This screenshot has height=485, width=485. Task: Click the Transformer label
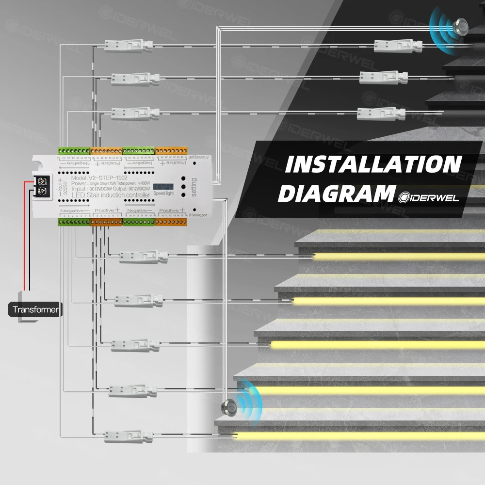tap(35, 309)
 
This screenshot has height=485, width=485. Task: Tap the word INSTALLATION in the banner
tap(372, 165)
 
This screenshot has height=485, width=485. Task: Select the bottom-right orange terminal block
tap(170, 222)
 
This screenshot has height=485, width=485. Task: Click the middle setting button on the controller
tap(184, 186)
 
